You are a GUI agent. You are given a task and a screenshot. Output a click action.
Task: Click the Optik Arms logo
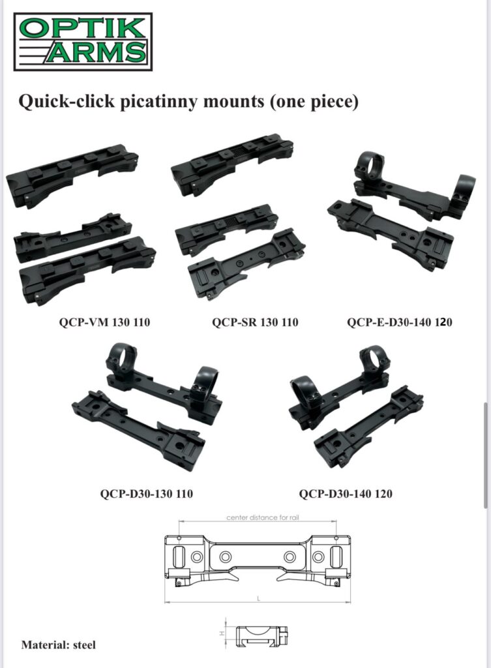pos(83,42)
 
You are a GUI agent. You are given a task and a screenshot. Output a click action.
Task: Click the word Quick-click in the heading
pos(67,101)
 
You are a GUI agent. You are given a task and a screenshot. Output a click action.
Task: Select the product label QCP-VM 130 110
pos(104,322)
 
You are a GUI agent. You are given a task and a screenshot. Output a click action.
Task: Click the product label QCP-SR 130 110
pos(255,322)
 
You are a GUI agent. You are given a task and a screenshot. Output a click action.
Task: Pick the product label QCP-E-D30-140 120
pos(400,322)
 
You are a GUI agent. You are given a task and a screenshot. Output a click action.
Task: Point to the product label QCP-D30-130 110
pos(147,494)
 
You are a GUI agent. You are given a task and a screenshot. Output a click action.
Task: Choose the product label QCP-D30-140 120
pos(346,494)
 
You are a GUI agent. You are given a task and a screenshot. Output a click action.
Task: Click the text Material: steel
pos(58,645)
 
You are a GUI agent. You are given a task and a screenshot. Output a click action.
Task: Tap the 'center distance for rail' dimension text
pos(263,517)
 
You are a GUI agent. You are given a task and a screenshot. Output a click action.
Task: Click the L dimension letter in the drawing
pos(258,599)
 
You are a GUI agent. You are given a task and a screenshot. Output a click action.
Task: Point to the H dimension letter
pos(222,633)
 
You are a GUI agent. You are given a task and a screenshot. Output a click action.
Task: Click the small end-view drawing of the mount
pos(261,636)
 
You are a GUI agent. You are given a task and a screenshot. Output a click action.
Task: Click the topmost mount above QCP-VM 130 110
pos(72,175)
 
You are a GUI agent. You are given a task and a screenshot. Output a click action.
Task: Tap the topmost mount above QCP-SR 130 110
pos(232,164)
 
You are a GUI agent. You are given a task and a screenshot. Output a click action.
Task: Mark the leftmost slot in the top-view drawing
pos(178,556)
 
